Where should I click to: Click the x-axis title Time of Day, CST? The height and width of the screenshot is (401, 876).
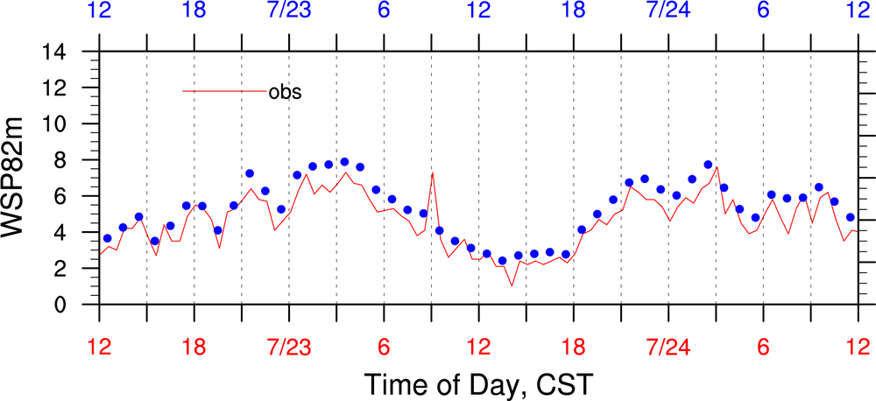point(478,383)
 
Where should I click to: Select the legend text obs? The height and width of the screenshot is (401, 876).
point(285,91)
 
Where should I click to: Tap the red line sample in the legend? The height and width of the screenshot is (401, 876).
point(224,91)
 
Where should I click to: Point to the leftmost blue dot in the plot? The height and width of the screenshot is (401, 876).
point(107,238)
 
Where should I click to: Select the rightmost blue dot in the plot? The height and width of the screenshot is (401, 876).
point(850,217)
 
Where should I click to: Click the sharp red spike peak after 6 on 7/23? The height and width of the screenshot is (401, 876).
point(433,172)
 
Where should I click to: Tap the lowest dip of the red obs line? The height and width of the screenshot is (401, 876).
point(512,286)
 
